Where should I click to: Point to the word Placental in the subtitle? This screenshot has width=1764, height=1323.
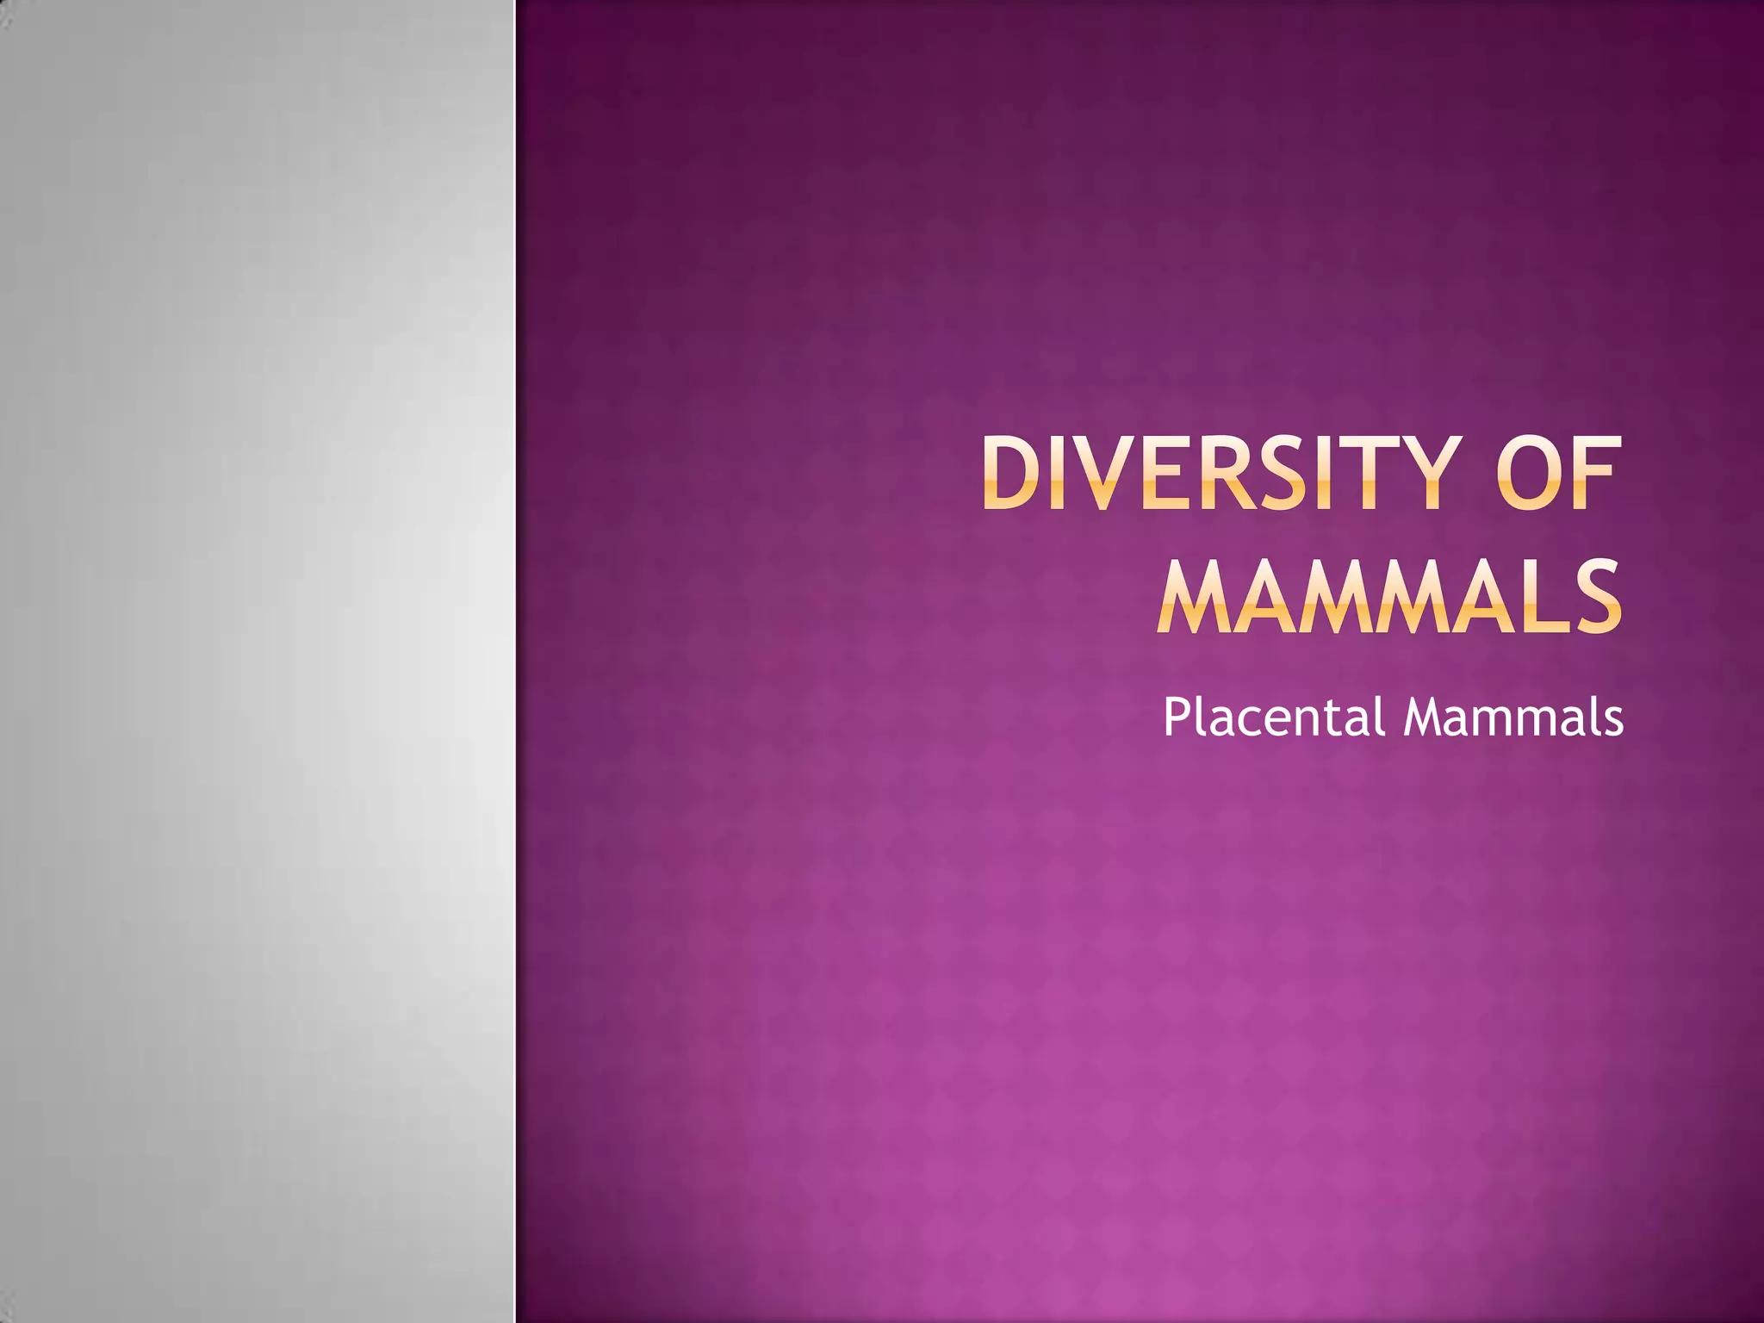coord(1273,717)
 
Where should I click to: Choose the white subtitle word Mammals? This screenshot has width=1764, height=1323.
coord(1513,717)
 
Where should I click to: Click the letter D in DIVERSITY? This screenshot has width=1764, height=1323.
coord(1014,473)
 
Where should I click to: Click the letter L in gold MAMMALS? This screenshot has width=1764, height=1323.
coord(1538,596)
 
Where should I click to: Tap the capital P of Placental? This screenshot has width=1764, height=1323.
coord(1176,717)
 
